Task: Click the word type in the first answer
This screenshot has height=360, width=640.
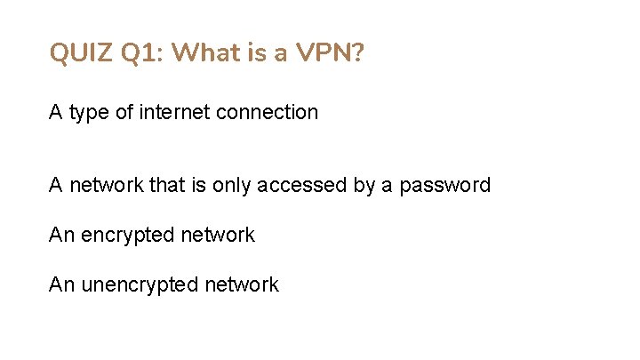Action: point(88,113)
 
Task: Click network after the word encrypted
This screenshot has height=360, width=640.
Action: point(217,235)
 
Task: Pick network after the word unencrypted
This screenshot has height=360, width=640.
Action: point(242,284)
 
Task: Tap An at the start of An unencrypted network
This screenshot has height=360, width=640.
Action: point(61,284)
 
